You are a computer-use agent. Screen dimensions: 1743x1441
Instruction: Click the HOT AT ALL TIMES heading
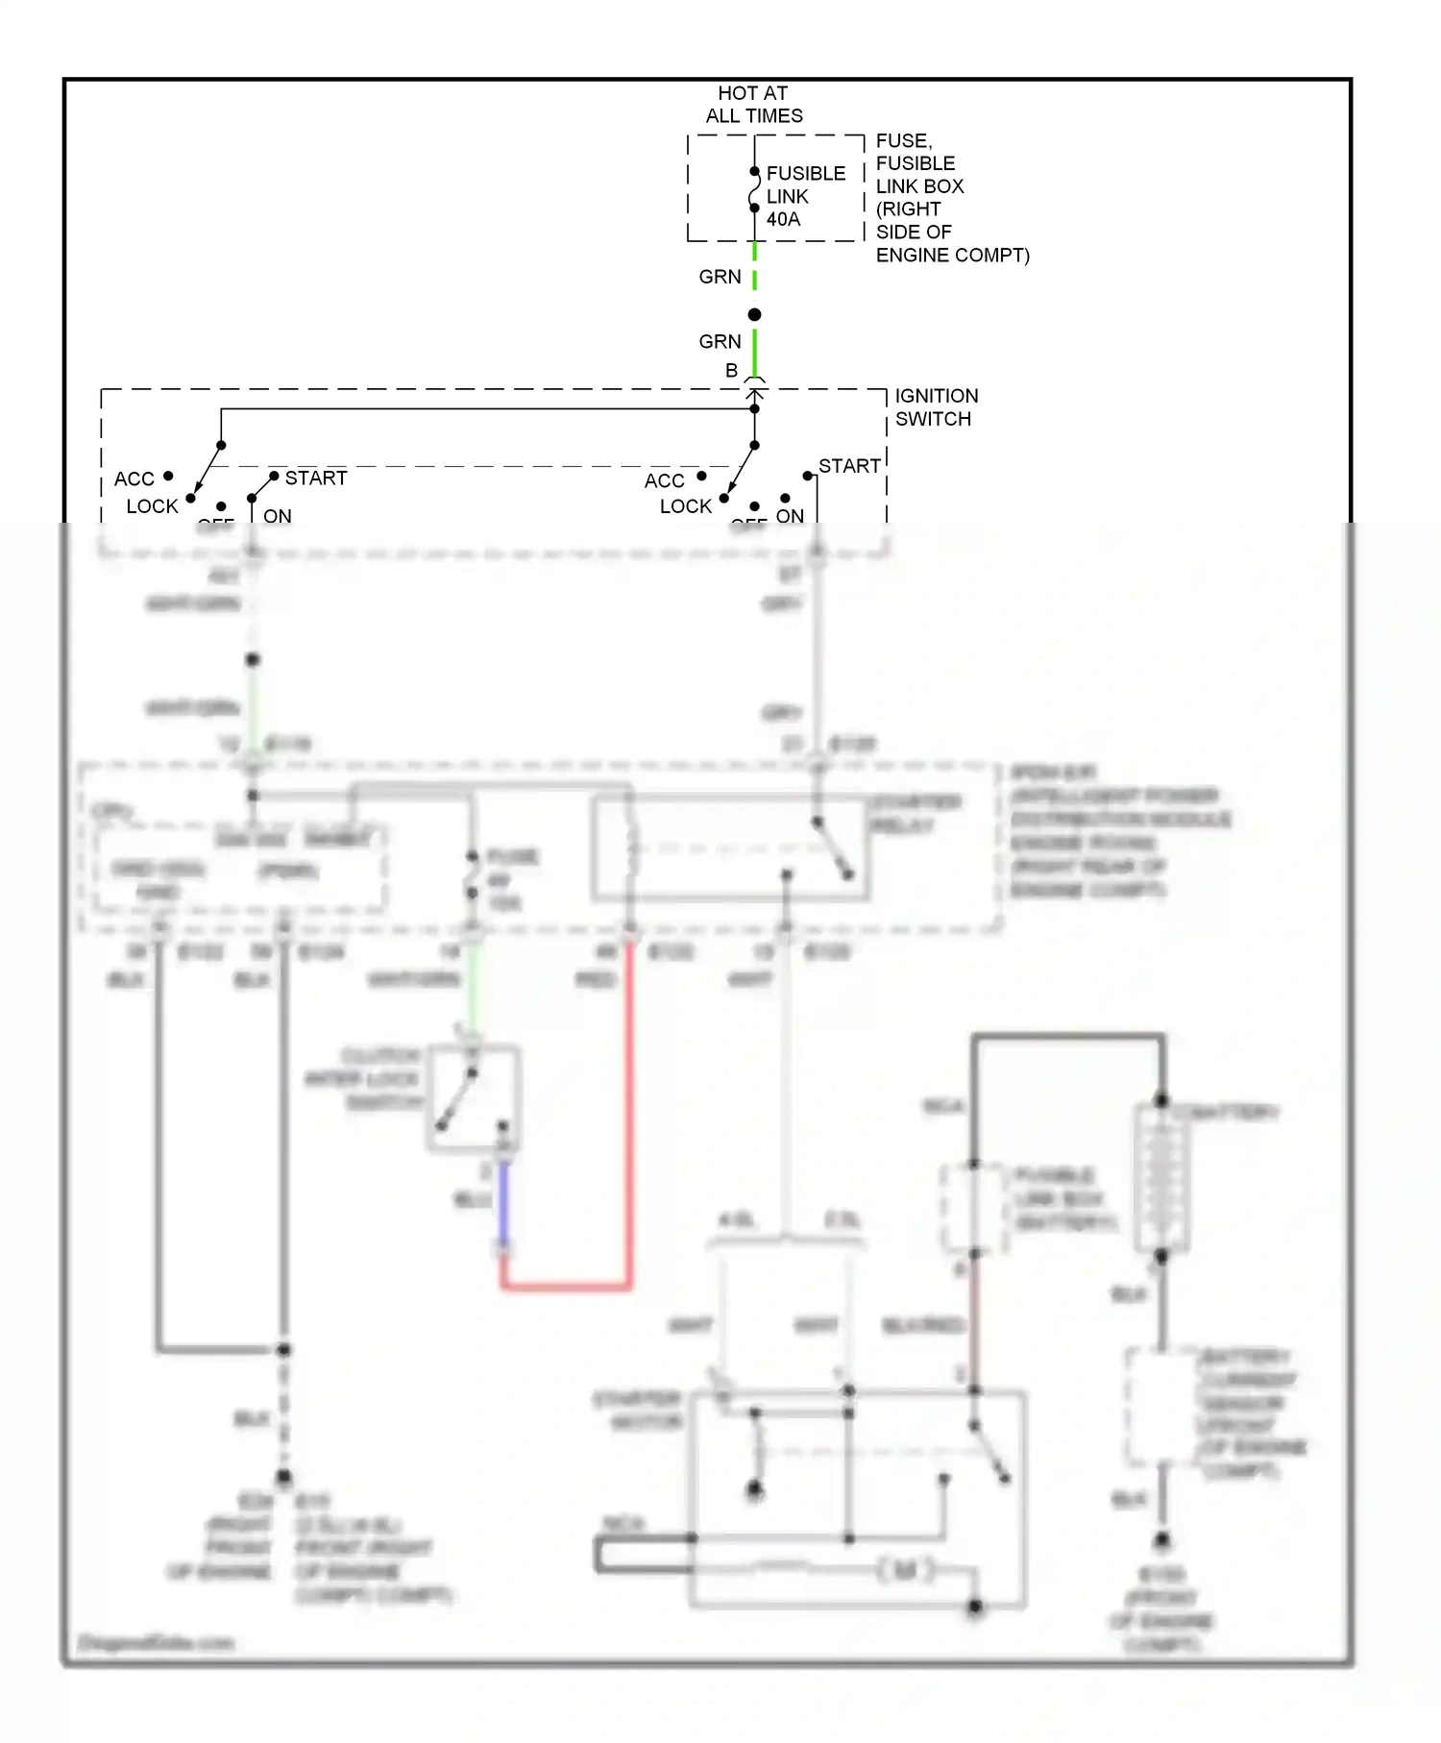click(753, 105)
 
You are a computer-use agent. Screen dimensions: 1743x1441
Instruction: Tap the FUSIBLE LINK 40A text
click(805, 196)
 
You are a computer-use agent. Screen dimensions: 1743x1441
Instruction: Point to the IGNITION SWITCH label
click(936, 407)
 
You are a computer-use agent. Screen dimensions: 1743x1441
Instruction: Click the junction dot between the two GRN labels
click(754, 315)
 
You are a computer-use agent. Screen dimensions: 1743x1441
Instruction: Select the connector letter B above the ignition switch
click(731, 371)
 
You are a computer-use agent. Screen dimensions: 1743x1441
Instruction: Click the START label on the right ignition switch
click(849, 466)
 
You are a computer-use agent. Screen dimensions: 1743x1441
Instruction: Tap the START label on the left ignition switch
click(315, 478)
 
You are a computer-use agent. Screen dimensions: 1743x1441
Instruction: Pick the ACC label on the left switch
click(134, 479)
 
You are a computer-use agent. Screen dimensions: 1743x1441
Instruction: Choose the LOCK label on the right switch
click(685, 506)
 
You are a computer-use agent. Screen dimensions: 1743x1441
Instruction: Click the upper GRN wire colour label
click(720, 277)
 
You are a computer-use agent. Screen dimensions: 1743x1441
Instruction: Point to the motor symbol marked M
click(904, 1570)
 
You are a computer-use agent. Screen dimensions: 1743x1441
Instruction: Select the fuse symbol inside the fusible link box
click(754, 189)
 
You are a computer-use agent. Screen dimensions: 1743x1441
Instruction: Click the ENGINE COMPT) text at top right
click(952, 256)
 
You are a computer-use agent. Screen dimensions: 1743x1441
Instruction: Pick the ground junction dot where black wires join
click(283, 1350)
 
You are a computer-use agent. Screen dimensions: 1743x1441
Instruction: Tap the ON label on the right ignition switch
click(790, 516)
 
